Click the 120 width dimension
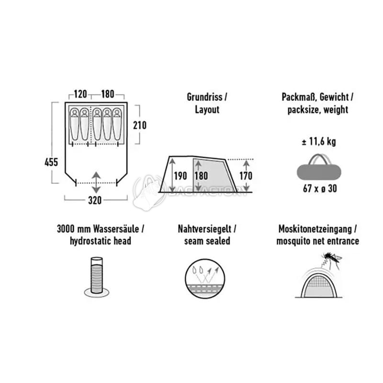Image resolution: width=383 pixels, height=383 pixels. pos(80,94)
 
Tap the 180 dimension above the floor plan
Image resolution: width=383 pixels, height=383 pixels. pos(107,94)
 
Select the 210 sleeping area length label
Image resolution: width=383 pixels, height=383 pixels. pos(140,125)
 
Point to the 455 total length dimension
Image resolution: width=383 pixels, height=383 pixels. pos(51,162)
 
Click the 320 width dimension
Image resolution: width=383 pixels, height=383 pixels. pos(95,200)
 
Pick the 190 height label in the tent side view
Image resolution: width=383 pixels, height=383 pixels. pos(180,176)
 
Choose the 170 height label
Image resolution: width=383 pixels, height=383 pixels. pos(246,176)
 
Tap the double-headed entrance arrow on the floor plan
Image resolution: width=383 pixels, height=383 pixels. pos(96,182)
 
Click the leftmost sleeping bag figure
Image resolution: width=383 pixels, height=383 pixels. pos(75,124)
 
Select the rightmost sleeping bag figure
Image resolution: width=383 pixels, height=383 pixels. pos(117,124)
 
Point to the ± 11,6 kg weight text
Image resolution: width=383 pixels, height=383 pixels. pos(319,141)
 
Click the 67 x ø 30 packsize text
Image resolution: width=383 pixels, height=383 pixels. pos(320,188)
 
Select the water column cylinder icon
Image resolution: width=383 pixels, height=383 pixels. pos(97,277)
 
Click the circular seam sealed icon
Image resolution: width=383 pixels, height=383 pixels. pos(205,279)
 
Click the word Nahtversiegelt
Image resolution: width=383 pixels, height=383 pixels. pos(204,229)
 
